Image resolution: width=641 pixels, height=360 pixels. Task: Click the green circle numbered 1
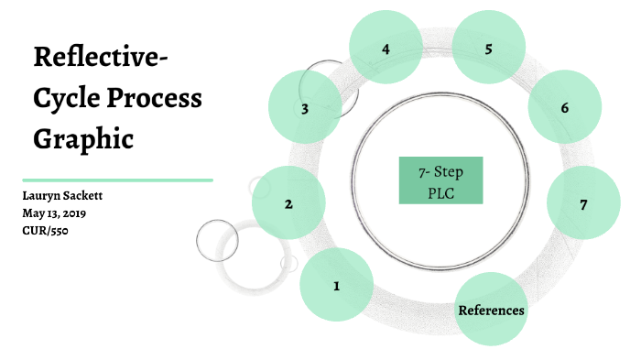point(336,286)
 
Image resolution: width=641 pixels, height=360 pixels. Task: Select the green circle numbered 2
point(288,203)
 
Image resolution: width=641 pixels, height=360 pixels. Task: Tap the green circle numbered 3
point(305,108)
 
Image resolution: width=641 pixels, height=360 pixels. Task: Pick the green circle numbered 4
point(386,49)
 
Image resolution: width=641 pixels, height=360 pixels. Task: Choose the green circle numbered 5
point(489,49)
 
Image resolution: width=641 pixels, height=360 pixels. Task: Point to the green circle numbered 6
point(565,108)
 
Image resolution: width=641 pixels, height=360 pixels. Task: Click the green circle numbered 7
point(582,203)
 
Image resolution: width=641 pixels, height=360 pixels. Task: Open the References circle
point(491,310)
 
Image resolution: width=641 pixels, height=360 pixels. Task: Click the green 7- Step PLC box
point(440,180)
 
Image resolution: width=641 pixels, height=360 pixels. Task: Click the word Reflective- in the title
point(101,58)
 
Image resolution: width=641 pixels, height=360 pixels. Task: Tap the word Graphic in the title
point(84,139)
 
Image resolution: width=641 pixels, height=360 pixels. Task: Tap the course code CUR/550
point(46,230)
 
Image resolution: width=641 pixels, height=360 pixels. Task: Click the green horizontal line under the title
point(117,180)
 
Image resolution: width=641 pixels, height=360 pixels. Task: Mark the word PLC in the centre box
point(440,192)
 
